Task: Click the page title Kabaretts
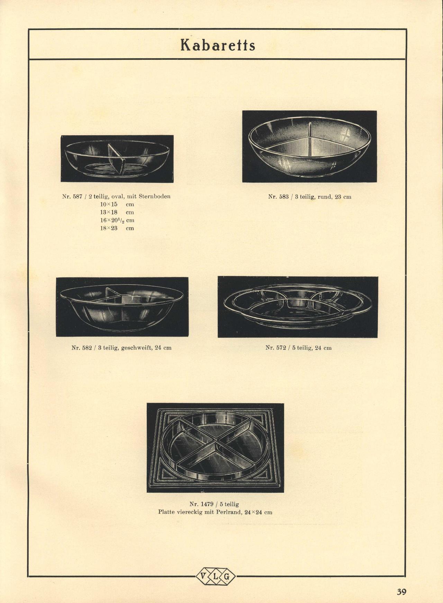pos(218,45)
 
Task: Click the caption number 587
pos(77,196)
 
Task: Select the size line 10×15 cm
pos(117,204)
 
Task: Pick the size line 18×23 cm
pos(117,228)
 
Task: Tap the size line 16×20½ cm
pos(117,220)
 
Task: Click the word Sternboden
pos(155,196)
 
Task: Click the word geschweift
pos(137,348)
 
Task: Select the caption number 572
pos(280,348)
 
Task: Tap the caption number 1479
pos(207,504)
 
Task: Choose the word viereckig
pos(190,512)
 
